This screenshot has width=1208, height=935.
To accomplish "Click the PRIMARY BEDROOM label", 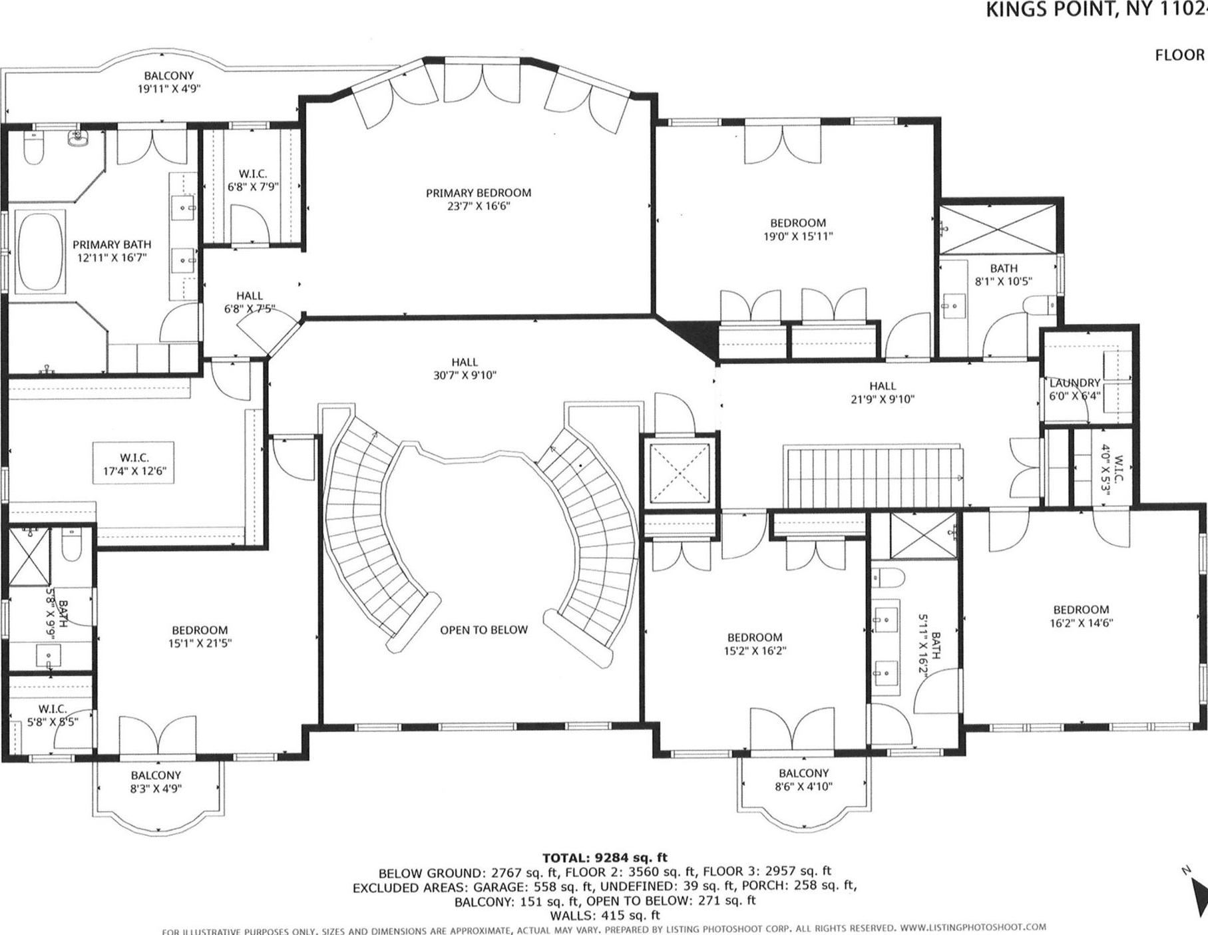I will (x=479, y=193).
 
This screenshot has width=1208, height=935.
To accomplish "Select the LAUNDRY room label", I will (x=1074, y=383).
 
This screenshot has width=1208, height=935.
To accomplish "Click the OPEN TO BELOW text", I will (x=483, y=630).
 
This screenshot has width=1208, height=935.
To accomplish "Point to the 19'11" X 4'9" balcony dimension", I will (x=168, y=89).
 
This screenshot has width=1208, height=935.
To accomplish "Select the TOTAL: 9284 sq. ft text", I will (x=604, y=858).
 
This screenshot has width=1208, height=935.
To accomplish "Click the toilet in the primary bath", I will (x=33, y=148).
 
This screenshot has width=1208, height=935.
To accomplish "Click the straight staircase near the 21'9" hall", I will (x=875, y=476).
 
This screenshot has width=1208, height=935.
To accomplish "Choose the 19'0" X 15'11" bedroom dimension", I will (x=798, y=236).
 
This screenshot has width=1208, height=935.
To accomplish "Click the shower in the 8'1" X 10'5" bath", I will (x=996, y=228).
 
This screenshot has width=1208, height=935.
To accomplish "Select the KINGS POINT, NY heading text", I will (x=1092, y=9).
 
